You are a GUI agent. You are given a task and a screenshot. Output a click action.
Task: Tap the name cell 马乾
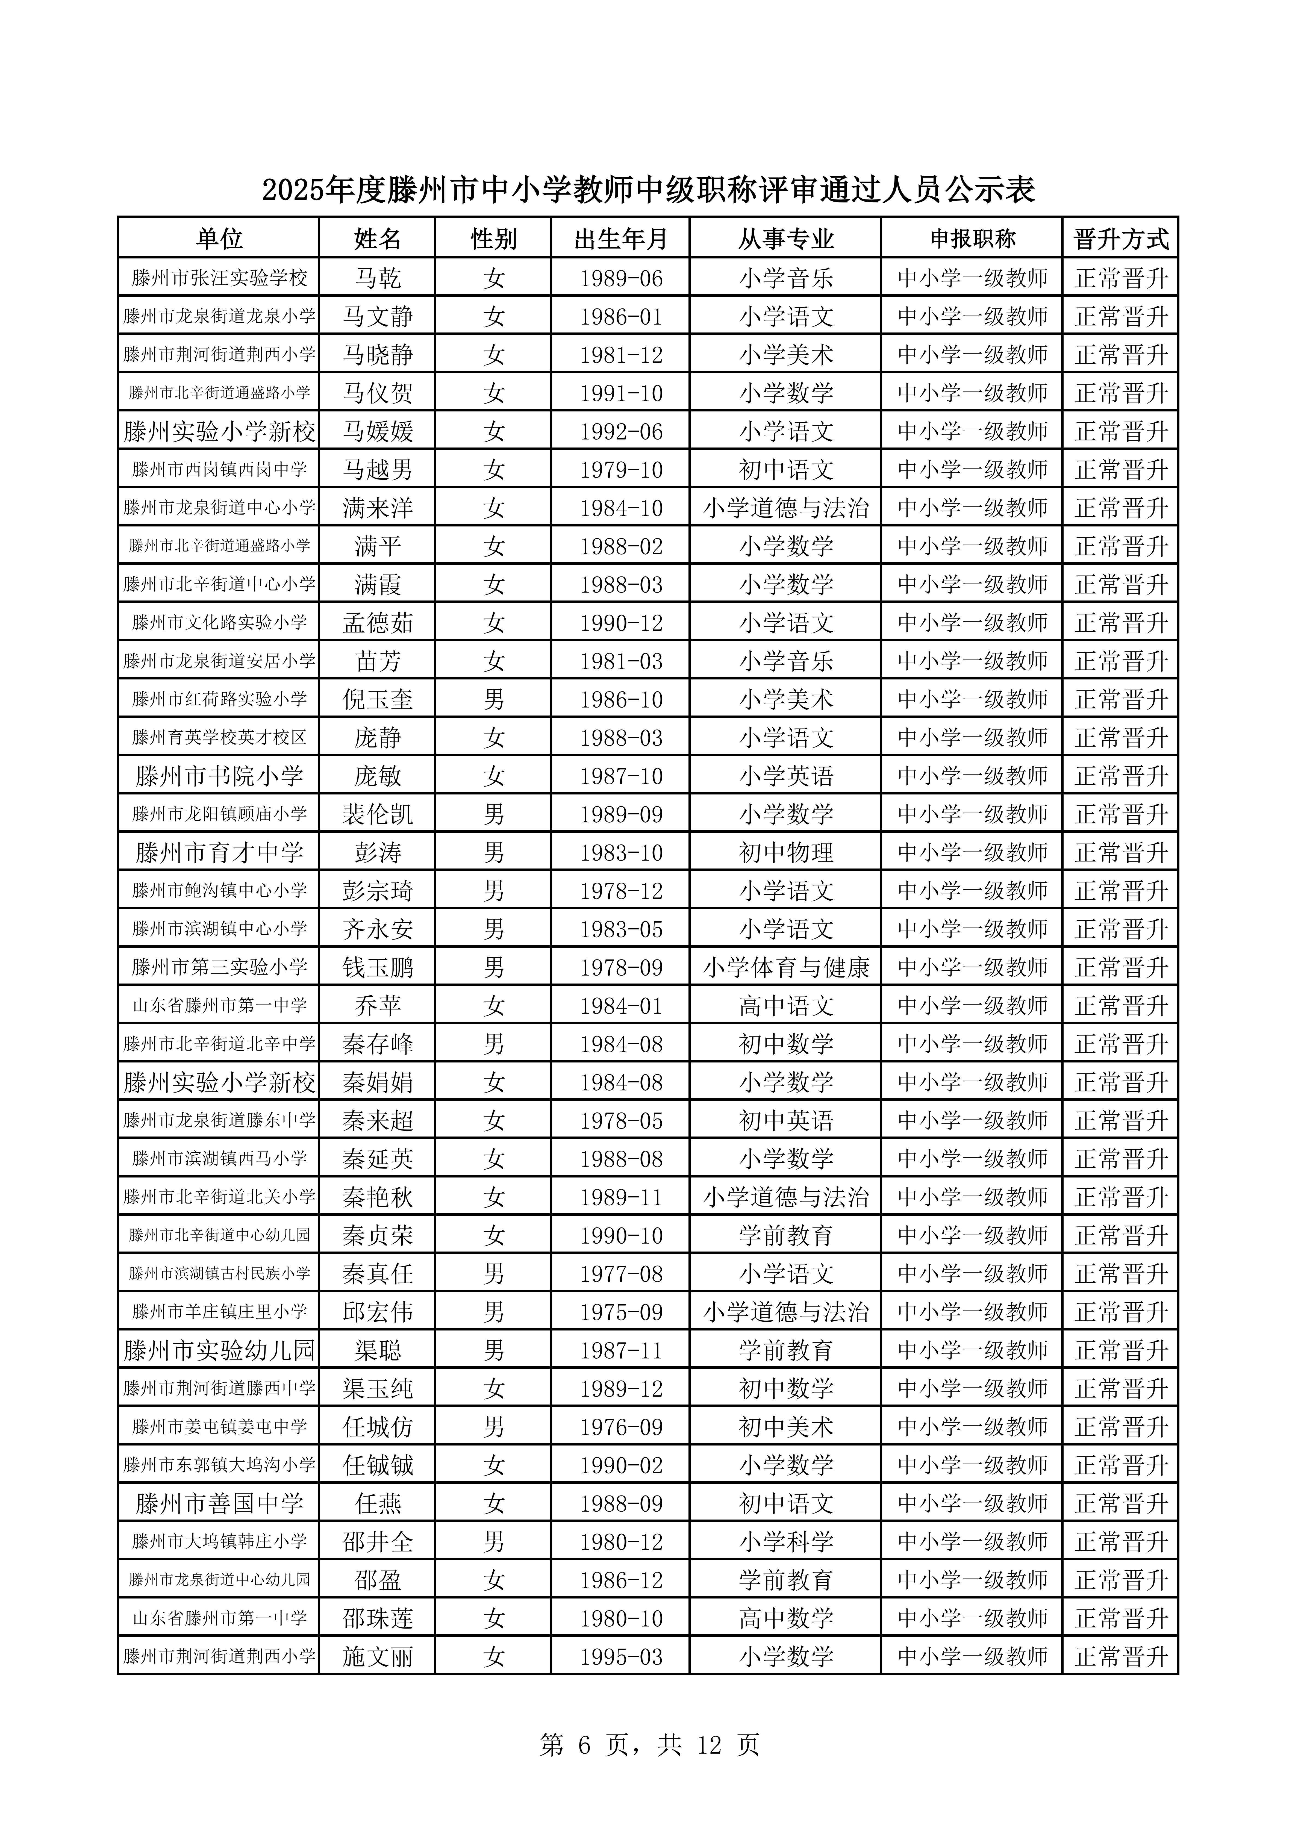[x=378, y=278]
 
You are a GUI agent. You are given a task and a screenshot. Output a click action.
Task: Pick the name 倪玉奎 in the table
[x=378, y=700]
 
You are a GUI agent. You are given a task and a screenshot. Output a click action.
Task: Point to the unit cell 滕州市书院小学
[x=219, y=776]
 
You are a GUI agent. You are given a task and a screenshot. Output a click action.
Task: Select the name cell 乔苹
[x=378, y=1006]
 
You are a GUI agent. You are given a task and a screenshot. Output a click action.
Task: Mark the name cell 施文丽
[x=378, y=1657]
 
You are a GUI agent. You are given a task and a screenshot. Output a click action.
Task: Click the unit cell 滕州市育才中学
[x=219, y=853]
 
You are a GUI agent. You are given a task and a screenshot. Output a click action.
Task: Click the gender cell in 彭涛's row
[x=494, y=853]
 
